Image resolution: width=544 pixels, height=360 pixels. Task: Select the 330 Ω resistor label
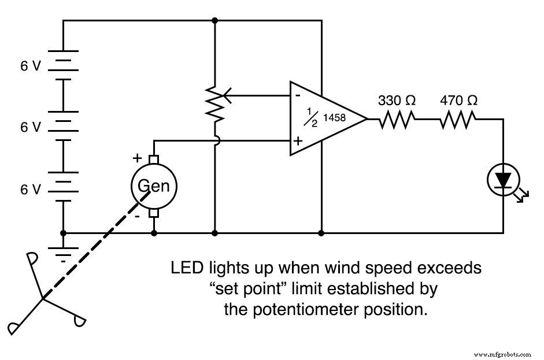pos(397,100)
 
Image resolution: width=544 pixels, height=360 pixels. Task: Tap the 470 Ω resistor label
pos(458,100)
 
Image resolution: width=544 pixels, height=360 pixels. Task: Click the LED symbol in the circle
pos(502,180)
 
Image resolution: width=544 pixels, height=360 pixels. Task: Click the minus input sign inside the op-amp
pos(297,95)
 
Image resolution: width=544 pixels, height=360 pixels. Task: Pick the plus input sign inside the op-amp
pos(298,140)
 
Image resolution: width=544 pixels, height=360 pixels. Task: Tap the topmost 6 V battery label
pos(31,66)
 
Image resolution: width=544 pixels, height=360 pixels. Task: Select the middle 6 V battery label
pos(31,127)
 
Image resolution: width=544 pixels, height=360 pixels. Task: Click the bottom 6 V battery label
pos(31,189)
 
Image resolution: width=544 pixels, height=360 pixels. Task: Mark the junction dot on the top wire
pos(215,21)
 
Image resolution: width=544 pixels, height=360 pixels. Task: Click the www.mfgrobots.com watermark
pos(502,353)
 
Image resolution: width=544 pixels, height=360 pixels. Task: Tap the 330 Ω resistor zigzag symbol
pos(397,120)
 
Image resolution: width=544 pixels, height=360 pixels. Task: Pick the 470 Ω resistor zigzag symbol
pos(458,120)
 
